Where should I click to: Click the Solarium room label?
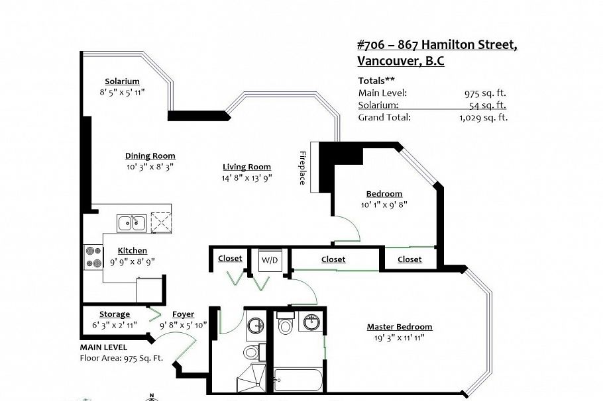(122, 81)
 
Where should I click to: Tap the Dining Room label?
(150, 156)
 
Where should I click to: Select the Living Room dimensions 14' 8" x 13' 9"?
(247, 177)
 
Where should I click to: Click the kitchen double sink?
(133, 223)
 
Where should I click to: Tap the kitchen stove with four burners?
(92, 257)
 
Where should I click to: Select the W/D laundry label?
(270, 259)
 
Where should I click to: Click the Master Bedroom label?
(400, 327)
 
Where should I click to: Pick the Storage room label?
(115, 314)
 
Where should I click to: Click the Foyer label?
(183, 314)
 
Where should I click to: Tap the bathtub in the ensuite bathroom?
(298, 380)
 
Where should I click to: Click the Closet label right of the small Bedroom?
(410, 259)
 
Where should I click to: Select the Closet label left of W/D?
(230, 259)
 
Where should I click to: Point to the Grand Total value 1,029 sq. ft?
(483, 117)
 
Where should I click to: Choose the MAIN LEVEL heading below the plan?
(103, 347)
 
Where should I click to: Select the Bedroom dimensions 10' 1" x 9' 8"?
(384, 204)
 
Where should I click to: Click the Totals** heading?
(376, 81)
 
